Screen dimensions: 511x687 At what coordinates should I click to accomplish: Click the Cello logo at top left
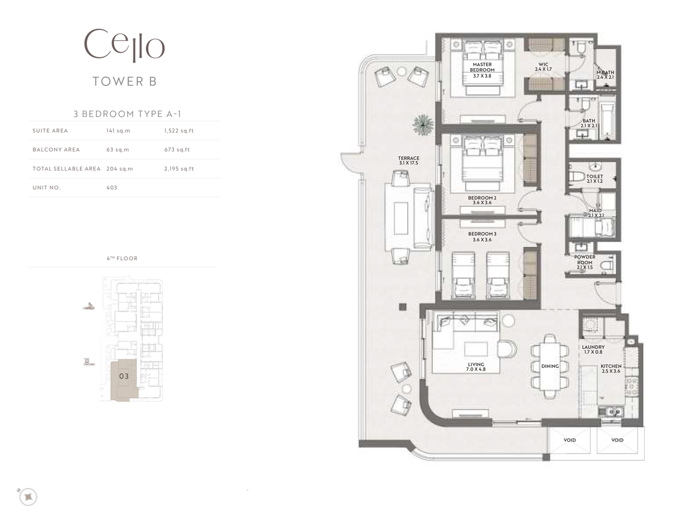(x=124, y=45)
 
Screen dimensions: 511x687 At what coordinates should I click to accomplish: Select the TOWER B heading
(x=124, y=81)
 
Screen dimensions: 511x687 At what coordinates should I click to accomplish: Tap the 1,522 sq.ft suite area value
(x=178, y=131)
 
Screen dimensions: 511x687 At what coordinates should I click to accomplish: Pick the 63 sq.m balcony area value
(x=118, y=150)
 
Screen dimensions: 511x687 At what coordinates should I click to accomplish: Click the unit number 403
(x=111, y=187)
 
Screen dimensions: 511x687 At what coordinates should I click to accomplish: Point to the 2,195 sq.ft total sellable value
(x=178, y=169)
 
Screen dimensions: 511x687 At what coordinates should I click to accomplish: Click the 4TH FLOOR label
(x=122, y=258)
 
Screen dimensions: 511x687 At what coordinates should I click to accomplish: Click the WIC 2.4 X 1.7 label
(x=543, y=66)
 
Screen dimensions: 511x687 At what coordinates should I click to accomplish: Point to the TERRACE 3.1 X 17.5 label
(x=409, y=161)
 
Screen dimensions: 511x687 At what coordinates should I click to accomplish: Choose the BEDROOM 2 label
(x=482, y=200)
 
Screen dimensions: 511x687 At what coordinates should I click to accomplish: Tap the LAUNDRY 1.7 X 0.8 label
(x=593, y=349)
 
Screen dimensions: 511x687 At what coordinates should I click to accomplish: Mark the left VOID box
(x=569, y=441)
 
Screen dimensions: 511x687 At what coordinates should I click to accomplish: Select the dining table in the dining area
(x=550, y=366)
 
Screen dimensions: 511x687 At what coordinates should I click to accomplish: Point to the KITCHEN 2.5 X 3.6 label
(x=611, y=369)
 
